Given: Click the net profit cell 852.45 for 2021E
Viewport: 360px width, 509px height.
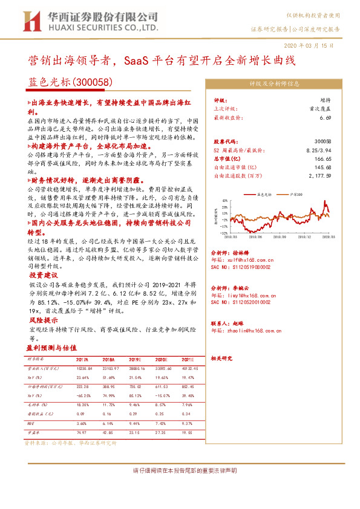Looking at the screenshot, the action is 189,385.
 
